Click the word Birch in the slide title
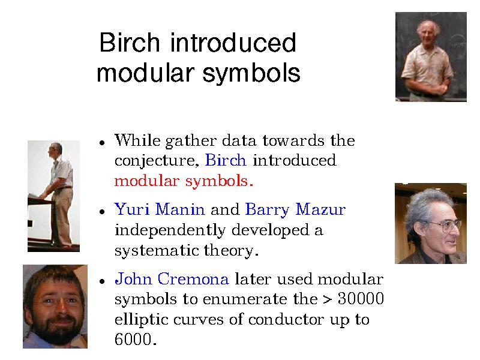(x=130, y=42)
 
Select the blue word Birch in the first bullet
(x=226, y=160)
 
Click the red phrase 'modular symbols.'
(x=184, y=181)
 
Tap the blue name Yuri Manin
(x=160, y=209)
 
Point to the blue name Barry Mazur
(x=295, y=210)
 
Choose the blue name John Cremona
(x=172, y=279)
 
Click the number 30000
(x=361, y=298)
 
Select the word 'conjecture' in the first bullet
(x=155, y=161)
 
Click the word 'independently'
(x=170, y=230)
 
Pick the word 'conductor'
(x=286, y=319)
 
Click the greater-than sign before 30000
(x=327, y=299)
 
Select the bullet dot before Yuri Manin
(x=102, y=212)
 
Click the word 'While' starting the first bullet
(x=137, y=140)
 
